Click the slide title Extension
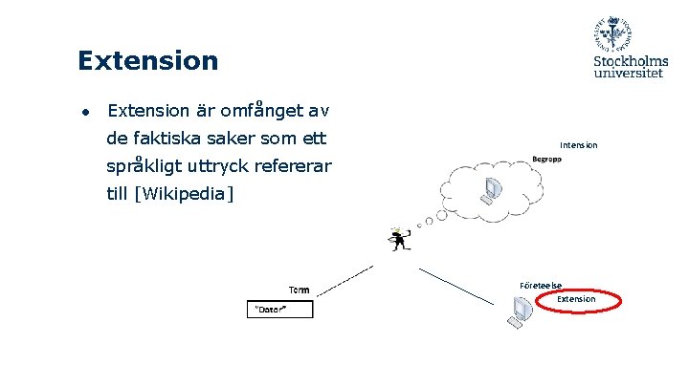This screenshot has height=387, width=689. [148, 61]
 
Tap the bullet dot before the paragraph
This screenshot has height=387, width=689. [85, 111]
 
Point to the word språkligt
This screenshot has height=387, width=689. [148, 166]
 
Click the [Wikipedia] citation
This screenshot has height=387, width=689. [186, 195]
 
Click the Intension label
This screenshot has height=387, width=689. [579, 145]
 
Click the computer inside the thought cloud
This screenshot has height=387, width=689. [492, 191]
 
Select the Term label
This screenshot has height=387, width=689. [299, 290]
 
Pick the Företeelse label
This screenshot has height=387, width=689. [541, 285]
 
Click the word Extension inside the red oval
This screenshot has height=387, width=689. [577, 299]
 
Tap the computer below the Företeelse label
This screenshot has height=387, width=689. [521, 312]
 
